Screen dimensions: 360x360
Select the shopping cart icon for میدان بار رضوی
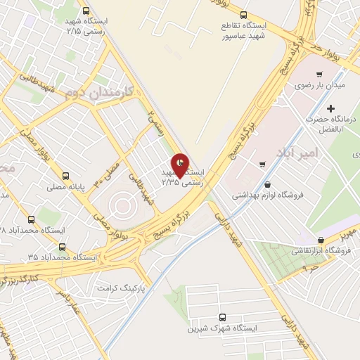320,75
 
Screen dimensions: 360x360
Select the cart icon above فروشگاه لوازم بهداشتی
262,165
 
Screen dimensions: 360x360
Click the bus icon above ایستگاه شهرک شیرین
223,317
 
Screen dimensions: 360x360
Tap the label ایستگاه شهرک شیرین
223,328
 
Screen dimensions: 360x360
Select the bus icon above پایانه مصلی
65,176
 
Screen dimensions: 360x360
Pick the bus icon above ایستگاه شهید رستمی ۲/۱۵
86,11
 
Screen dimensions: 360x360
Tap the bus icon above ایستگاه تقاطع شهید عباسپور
244,14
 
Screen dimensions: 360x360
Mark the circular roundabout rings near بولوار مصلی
120,206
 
